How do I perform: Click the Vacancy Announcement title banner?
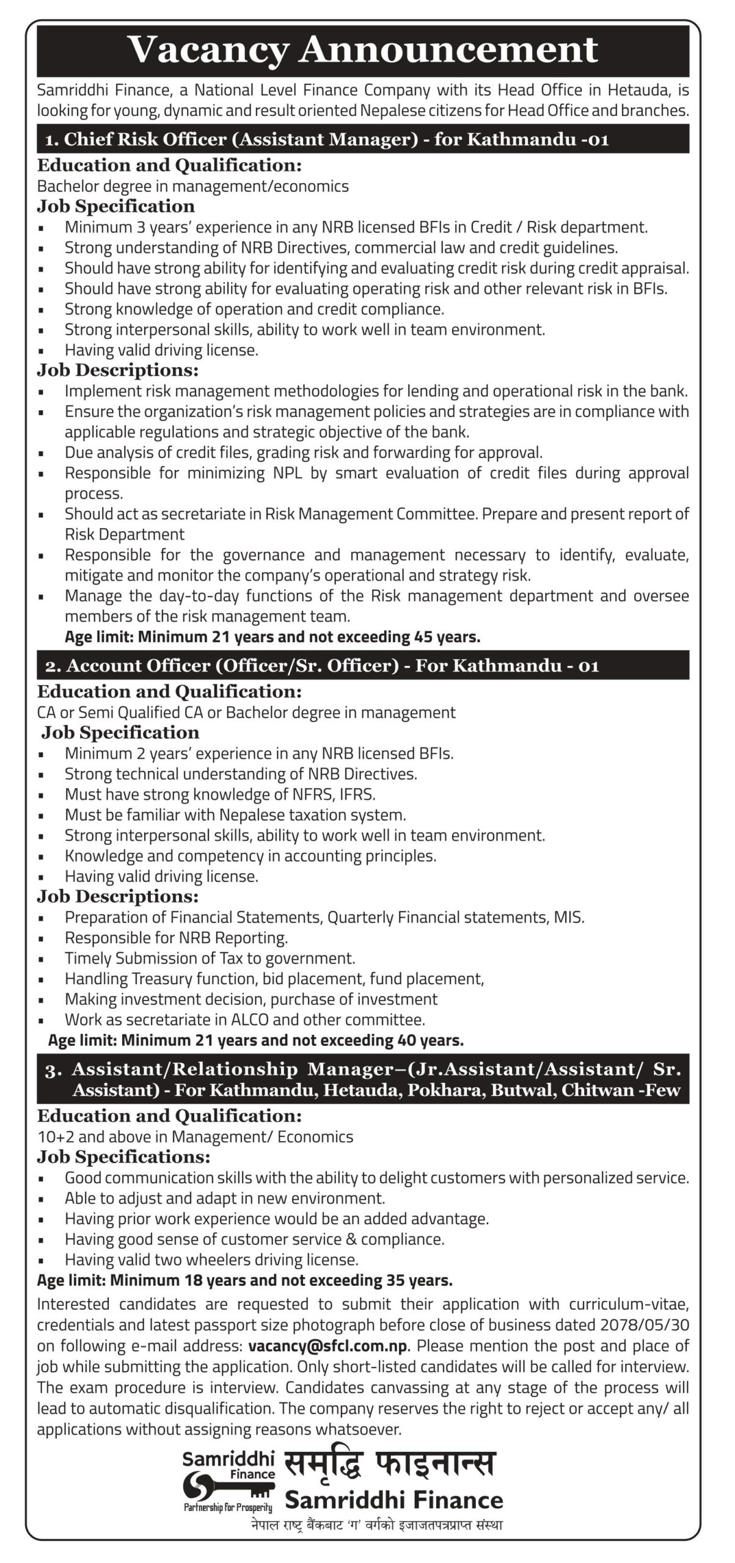[x=363, y=50]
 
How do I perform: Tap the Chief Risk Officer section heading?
[x=327, y=140]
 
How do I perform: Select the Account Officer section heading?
[x=323, y=665]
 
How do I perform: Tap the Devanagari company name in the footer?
[x=389, y=1463]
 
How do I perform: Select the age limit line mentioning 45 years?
[x=272, y=637]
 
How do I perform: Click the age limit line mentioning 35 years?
[x=244, y=1280]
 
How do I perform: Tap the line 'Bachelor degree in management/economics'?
[x=193, y=186]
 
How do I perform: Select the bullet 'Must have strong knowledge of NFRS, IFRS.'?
[x=220, y=794]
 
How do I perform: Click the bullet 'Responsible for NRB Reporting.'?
[x=176, y=937]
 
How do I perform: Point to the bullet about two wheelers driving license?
[x=211, y=1260]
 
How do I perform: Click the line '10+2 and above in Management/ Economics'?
[x=195, y=1136]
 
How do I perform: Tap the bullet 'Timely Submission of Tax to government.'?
[x=210, y=958]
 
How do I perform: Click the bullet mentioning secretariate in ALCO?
[x=244, y=1019]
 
